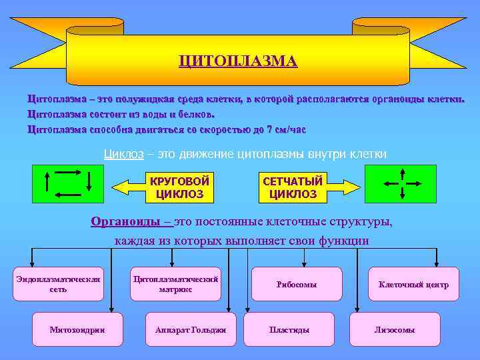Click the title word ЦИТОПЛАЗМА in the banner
click(239, 61)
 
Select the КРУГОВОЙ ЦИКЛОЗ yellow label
click(179, 188)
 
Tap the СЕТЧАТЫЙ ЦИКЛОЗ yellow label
click(293, 188)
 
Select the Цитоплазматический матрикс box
click(175, 284)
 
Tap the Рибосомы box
click(297, 284)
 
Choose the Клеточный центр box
click(413, 284)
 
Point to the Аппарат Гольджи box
click(190, 329)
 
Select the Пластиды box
click(289, 329)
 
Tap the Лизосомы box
click(395, 329)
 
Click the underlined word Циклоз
click(123, 154)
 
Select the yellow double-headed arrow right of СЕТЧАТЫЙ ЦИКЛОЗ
click(345, 187)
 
